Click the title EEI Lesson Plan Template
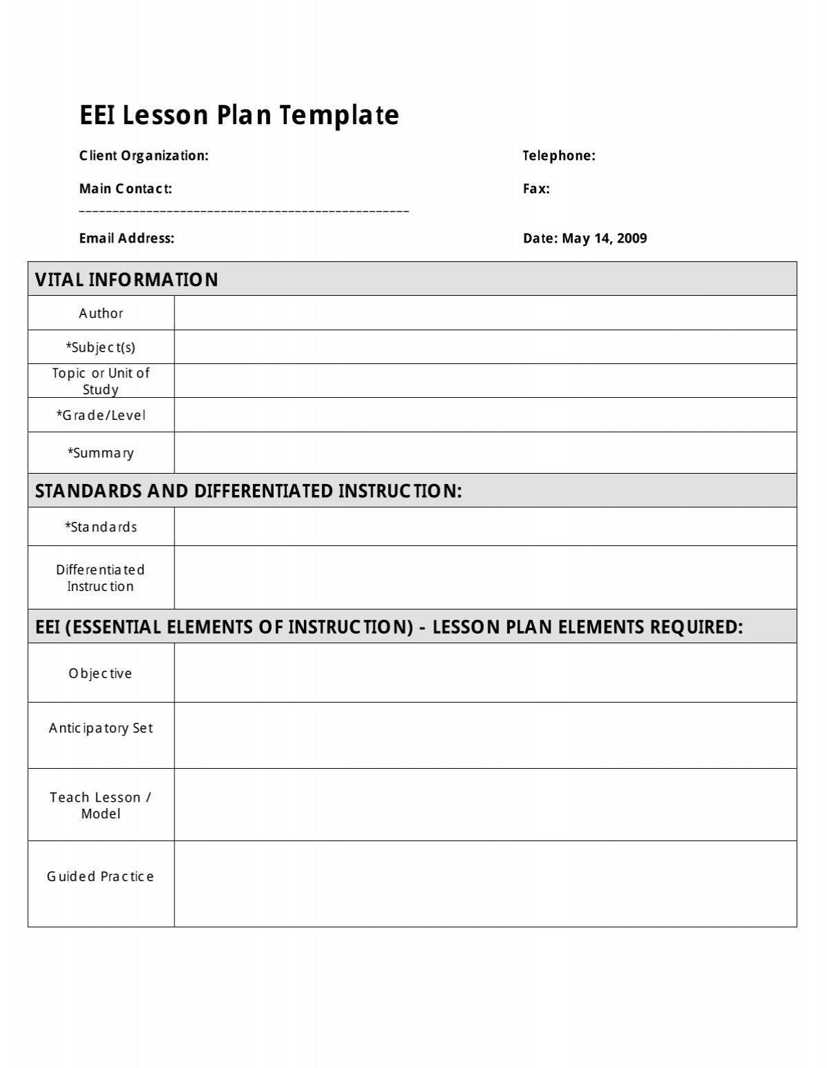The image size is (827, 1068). pos(239,115)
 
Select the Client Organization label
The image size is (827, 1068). pos(143,156)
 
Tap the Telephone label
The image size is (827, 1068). pos(558,156)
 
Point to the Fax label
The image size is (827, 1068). pos(536,189)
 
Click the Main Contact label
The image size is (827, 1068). pos(125,189)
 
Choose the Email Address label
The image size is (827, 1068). pos(127,239)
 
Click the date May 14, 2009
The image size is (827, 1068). pos(604,239)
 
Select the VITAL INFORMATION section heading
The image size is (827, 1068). pos(127,280)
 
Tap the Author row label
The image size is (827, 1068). pos(101,314)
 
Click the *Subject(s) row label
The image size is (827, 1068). pos(101,347)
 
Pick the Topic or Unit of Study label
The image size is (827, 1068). pos(101,381)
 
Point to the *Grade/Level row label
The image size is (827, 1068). pos(101,416)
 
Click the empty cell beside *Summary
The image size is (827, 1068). pos(485,453)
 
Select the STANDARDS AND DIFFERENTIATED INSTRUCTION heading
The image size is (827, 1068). pos(248,491)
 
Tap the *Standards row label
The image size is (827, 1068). pos(101,527)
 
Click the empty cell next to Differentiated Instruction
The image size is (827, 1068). pos(485,578)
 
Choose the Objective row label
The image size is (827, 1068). pos(101,674)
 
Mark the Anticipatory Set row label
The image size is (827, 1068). pos(101,729)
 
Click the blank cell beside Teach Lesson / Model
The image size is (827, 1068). pos(485,805)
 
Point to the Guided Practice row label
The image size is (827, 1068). pos(101,877)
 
